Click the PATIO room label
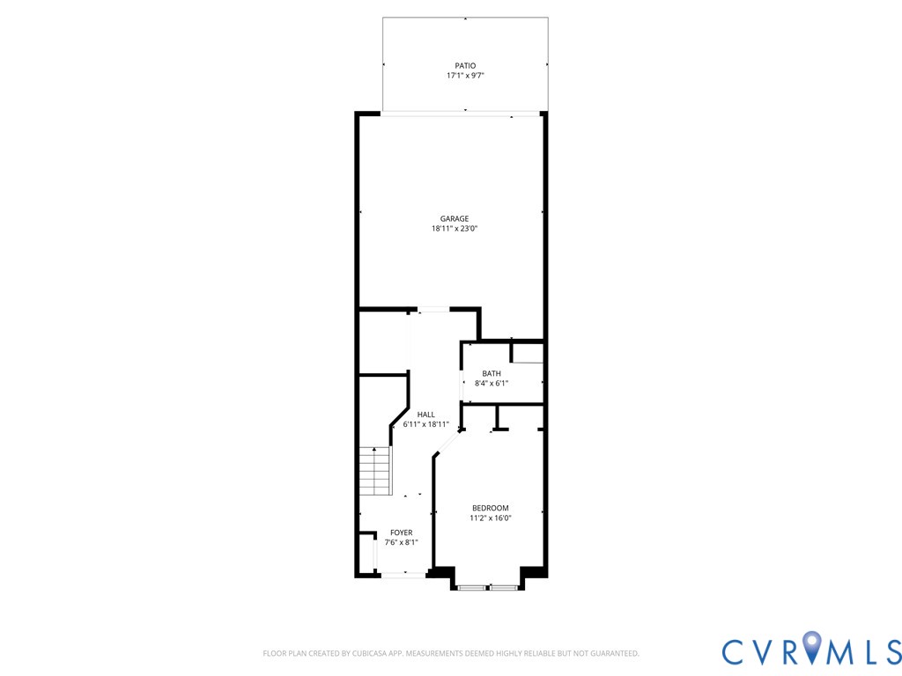[465, 65]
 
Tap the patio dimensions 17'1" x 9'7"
[465, 76]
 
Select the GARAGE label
[455, 218]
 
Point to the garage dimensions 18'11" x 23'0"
[455, 229]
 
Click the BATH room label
[491, 373]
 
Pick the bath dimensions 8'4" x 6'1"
[491, 383]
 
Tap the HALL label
[426, 414]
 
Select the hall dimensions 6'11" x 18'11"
[426, 424]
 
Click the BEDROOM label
[490, 508]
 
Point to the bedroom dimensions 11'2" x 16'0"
[490, 518]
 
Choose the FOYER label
[402, 533]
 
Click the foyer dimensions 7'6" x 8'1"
[402, 542]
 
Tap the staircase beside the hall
[374, 471]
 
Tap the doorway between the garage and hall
[433, 310]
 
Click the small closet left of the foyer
[366, 554]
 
